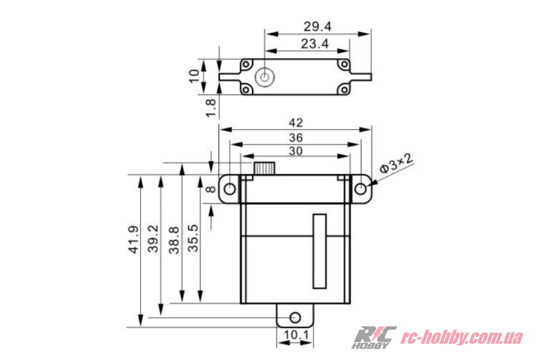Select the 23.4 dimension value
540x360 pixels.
pyautogui.click(x=315, y=44)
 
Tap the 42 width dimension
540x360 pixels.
pyautogui.click(x=295, y=122)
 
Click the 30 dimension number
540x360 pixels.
pyautogui.click(x=295, y=151)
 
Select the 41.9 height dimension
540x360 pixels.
pyautogui.click(x=133, y=241)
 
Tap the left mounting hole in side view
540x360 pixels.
pyautogui.click(x=230, y=188)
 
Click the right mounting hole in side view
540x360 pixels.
pyautogui.click(x=362, y=188)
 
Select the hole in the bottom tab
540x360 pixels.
pyautogui.click(x=295, y=316)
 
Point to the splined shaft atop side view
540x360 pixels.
pyautogui.click(x=265, y=168)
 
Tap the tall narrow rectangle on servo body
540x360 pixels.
pyautogui.click(x=319, y=251)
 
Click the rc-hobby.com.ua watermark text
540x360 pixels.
pyautogui.click(x=462, y=338)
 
